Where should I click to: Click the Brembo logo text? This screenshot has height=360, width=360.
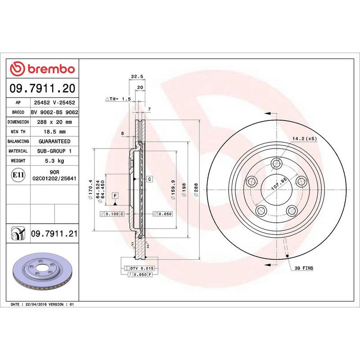(50, 69)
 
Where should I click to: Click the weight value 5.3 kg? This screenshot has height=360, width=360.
(54, 161)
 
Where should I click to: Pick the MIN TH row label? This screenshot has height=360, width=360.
(18, 132)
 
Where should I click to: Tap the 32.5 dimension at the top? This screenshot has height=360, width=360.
(134, 76)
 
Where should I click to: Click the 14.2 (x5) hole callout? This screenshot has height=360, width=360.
(305, 139)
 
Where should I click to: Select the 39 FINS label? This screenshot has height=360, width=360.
(305, 268)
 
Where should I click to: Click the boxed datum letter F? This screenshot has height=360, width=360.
(116, 195)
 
